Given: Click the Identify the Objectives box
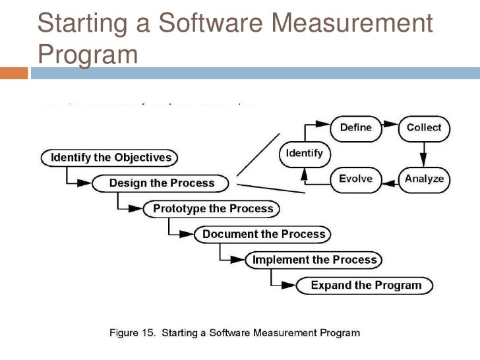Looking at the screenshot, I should point(111,158).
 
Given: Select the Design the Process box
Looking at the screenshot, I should point(161,183).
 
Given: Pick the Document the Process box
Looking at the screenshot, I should point(263,234).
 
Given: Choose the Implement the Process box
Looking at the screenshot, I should point(315,259).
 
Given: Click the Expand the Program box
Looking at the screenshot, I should point(365,285).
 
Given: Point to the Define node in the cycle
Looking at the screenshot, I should point(355,127).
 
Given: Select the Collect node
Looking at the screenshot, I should point(424,127).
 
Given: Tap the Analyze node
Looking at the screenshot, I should point(424,178).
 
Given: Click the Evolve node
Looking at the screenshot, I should point(355,178).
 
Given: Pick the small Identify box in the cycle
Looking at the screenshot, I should point(304,154).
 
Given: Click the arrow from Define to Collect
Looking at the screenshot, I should point(390,127).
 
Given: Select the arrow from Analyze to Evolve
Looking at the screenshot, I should point(390,178).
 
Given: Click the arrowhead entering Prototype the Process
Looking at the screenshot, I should point(136,209).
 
